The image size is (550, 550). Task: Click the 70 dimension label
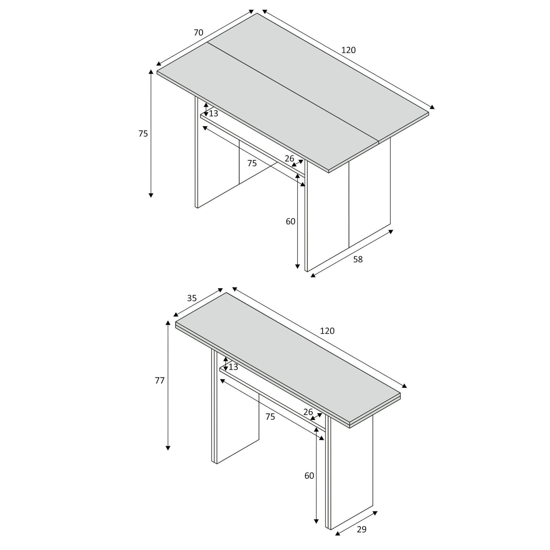pyautogui.click(x=199, y=33)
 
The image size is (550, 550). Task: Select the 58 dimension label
pyautogui.click(x=358, y=259)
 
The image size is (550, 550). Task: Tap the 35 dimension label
pyautogui.click(x=192, y=298)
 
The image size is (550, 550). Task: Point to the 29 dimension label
pyautogui.click(x=361, y=529)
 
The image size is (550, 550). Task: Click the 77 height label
pyautogui.click(x=160, y=381)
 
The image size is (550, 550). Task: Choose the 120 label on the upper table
pyautogui.click(x=348, y=50)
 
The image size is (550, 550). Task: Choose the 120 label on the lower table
pyautogui.click(x=327, y=331)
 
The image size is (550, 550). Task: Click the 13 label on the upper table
pyautogui.click(x=213, y=114)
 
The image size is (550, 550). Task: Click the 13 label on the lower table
pyautogui.click(x=233, y=367)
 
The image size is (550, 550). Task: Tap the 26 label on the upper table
pyautogui.click(x=289, y=159)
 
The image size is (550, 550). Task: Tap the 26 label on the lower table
pyautogui.click(x=308, y=412)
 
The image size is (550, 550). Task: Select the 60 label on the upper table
pyautogui.click(x=290, y=221)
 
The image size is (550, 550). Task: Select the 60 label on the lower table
pyautogui.click(x=309, y=475)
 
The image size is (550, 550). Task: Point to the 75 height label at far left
pyautogui.click(x=143, y=134)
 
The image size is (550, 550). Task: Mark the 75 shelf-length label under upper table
pyautogui.click(x=252, y=163)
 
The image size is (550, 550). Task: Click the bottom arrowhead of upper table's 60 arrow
pyautogui.click(x=298, y=267)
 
